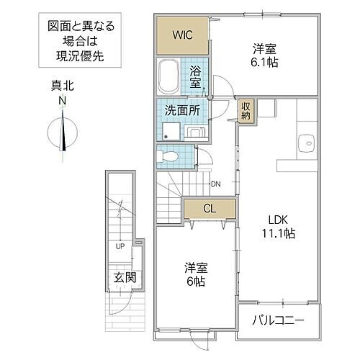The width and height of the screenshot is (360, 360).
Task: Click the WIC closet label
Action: (182, 34)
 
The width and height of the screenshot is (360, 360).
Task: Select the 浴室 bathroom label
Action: (195, 76)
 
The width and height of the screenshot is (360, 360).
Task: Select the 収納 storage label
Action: (247, 111)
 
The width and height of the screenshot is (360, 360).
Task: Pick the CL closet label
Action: (209, 209)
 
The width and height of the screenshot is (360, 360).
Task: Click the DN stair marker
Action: (215, 184)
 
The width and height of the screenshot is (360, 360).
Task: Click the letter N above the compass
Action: (62, 100)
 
